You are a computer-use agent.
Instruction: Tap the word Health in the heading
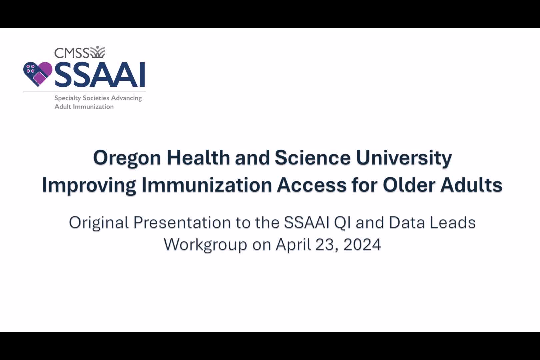click(x=198, y=157)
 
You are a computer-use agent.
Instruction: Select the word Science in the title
click(x=313, y=157)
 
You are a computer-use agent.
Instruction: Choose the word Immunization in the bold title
click(x=207, y=185)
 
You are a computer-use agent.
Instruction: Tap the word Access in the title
click(x=311, y=185)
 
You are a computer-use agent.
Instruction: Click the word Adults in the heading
click(x=471, y=185)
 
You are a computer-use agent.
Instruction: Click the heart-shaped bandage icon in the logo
click(x=38, y=74)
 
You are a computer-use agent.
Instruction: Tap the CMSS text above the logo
click(x=72, y=53)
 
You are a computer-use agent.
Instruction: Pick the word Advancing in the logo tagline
click(x=127, y=98)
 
